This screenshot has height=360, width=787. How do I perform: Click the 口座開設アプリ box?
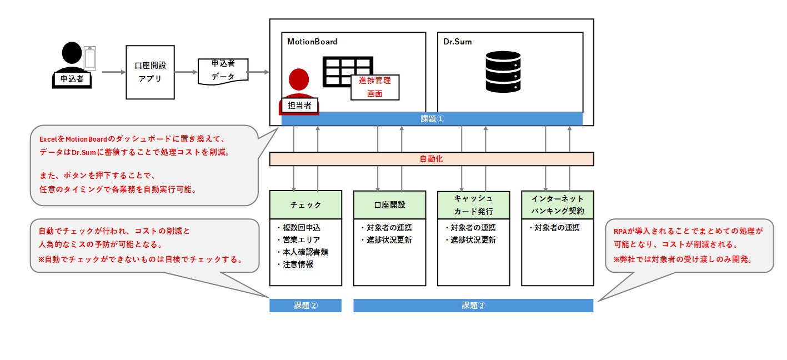tap(150, 72)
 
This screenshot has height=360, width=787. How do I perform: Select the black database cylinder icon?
tap(503, 72)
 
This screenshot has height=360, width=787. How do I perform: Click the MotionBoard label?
tap(312, 42)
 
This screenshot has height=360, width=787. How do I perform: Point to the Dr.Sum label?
tap(457, 42)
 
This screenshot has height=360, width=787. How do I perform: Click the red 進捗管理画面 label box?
tap(375, 87)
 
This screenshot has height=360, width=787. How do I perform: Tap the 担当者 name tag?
tap(299, 105)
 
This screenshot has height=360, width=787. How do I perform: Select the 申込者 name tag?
tap(72, 78)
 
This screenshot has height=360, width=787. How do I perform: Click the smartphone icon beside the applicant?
tap(90, 58)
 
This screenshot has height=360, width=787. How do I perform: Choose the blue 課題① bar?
tap(432, 119)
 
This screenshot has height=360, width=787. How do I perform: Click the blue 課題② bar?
tap(305, 305)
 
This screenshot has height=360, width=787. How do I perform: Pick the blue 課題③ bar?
tap(473, 305)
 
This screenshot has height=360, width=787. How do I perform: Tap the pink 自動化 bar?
tap(432, 159)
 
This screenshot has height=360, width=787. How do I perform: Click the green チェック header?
tap(305, 205)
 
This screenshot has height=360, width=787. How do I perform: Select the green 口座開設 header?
tap(389, 205)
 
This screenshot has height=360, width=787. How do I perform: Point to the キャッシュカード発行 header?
tap(473, 205)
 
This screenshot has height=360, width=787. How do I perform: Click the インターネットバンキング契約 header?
tap(557, 205)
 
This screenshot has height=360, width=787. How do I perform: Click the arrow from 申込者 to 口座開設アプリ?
tap(114, 72)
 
